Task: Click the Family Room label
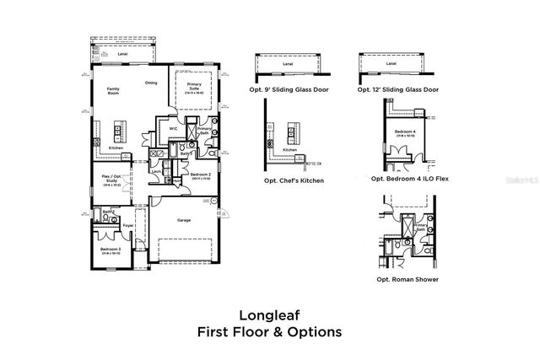tap(111, 90)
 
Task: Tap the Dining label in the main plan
tap(151, 83)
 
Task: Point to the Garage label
tap(184, 220)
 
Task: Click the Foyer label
tap(129, 225)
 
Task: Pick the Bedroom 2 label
tap(199, 175)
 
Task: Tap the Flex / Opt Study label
tap(111, 179)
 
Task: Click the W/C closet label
tap(173, 129)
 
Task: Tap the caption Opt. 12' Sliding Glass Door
tap(398, 89)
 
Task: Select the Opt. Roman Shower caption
tap(408, 278)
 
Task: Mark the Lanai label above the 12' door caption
tap(391, 63)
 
